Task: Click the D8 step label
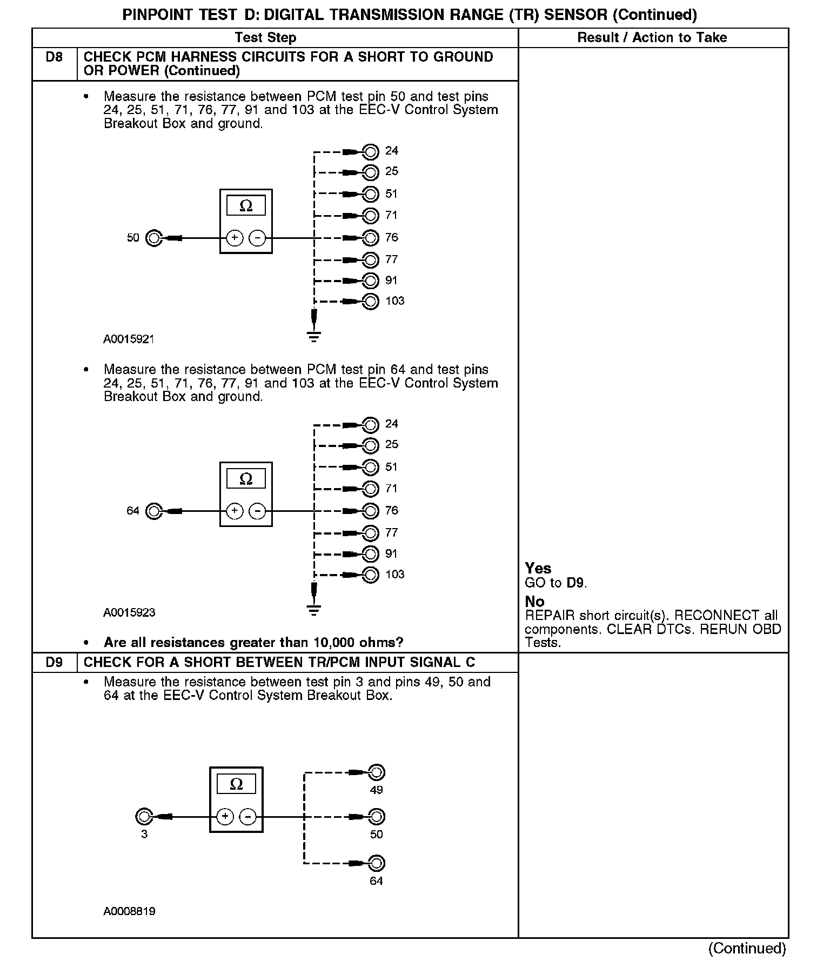(x=54, y=57)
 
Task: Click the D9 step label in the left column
(x=54, y=662)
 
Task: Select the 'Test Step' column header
(x=265, y=38)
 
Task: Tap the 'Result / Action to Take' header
(x=652, y=38)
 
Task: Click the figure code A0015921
(x=129, y=339)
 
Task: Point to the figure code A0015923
(x=129, y=613)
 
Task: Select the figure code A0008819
(x=129, y=911)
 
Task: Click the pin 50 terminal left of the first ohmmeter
(x=154, y=238)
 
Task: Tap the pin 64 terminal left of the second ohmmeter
(x=154, y=511)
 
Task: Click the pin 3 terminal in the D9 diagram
(x=144, y=816)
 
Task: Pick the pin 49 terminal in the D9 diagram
(x=376, y=772)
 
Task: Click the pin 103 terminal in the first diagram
(x=371, y=301)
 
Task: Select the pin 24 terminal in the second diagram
(x=371, y=424)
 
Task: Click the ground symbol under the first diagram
(x=313, y=336)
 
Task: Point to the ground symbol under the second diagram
(x=313, y=610)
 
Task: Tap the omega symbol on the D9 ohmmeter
(x=236, y=784)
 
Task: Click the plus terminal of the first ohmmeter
(x=235, y=238)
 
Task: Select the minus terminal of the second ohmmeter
(x=257, y=511)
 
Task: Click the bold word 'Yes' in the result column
(x=538, y=568)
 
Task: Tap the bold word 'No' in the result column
(x=534, y=602)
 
